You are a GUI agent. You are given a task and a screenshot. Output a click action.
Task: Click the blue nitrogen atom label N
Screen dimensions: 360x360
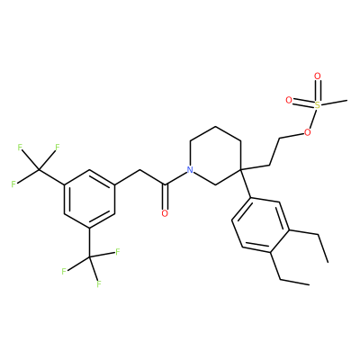pos(190,170)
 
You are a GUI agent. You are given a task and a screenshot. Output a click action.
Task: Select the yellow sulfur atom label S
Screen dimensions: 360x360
pos(318,104)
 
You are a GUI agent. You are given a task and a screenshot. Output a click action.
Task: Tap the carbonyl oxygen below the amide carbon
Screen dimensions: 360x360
pos(165,213)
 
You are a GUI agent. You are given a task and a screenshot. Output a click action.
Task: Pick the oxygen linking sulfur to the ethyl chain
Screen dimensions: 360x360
pos(307,132)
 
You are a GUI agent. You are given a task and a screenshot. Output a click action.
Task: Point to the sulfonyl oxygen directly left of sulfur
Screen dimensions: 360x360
pos(289,100)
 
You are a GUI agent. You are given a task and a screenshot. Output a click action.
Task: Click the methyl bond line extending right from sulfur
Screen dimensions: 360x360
pos(334,102)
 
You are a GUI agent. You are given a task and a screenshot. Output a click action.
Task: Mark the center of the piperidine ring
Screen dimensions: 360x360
pos(215,156)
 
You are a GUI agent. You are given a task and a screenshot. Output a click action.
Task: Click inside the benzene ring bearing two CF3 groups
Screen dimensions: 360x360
pos(89,199)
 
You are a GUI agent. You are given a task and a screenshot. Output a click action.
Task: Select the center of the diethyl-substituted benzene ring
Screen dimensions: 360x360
pos(261,225)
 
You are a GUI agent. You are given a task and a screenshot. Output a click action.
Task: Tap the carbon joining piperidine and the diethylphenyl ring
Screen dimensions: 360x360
pos(241,170)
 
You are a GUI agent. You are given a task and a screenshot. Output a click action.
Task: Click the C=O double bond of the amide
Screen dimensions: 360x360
pos(165,196)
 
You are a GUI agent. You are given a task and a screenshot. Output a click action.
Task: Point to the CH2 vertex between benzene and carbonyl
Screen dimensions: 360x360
pos(139,170)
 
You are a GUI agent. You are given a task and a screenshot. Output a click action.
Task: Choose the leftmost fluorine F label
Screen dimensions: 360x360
pos(13,184)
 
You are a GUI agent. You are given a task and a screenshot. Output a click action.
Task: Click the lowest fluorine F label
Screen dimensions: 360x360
pos(98,283)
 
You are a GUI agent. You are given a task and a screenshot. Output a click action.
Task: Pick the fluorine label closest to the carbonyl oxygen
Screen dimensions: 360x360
pos(118,251)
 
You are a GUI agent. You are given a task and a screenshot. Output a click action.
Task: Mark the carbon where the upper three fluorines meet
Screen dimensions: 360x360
pos(39,170)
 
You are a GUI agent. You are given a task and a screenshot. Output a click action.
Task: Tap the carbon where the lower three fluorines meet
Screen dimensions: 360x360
pos(89,257)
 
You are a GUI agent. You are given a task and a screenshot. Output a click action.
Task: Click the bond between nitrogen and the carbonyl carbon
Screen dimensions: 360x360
pos(175,177)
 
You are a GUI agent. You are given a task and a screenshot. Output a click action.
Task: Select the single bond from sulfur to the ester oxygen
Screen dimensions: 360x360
pos(312,119)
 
